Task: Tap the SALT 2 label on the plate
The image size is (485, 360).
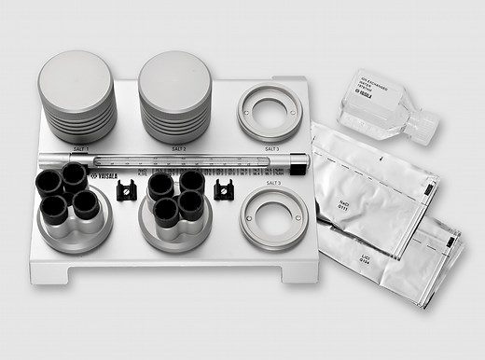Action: [179, 148]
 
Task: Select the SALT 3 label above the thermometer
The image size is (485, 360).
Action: [271, 148]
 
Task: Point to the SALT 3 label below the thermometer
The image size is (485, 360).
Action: [271, 183]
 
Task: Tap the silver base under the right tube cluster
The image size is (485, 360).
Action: [174, 227]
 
